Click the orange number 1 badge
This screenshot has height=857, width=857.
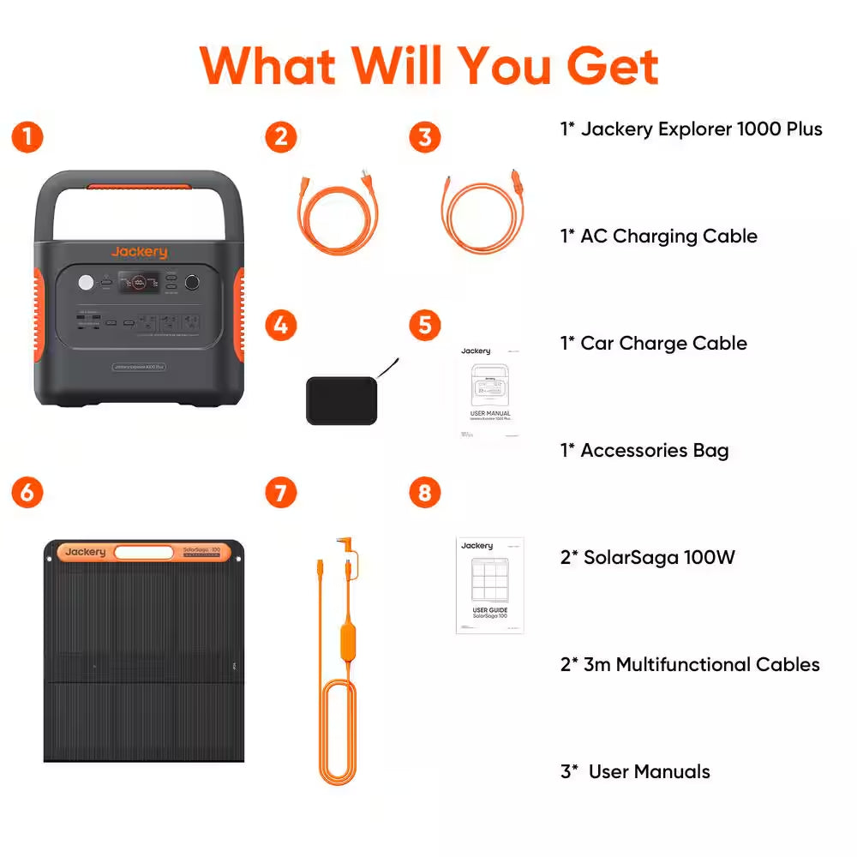pyautogui.click(x=28, y=137)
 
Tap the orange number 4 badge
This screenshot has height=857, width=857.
pyautogui.click(x=281, y=326)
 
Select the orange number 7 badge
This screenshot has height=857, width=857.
pyautogui.click(x=281, y=493)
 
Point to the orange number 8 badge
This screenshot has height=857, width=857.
pyautogui.click(x=425, y=493)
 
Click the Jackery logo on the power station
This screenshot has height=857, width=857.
pyautogui.click(x=139, y=252)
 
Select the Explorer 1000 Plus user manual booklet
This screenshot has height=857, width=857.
pyautogui.click(x=489, y=393)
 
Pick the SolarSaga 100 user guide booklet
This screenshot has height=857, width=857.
pyautogui.click(x=489, y=585)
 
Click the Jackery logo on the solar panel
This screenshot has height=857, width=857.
pyautogui.click(x=85, y=552)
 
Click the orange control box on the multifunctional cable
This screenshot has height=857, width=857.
pyautogui.click(x=348, y=641)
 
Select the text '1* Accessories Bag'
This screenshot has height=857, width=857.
pyautogui.click(x=644, y=451)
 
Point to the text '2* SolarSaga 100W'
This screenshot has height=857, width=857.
pyautogui.click(x=647, y=558)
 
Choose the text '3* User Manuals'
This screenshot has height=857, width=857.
pyautogui.click(x=635, y=772)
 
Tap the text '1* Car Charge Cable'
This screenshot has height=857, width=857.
pyautogui.click(x=653, y=344)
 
